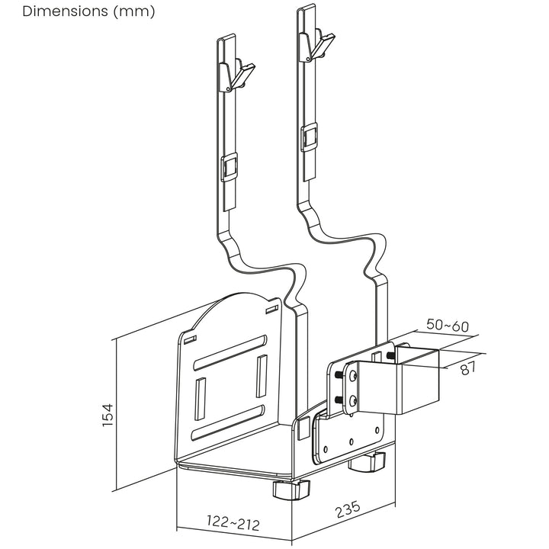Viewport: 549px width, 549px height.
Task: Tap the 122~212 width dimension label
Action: click(x=233, y=524)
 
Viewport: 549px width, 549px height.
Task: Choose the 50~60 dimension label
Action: click(x=448, y=325)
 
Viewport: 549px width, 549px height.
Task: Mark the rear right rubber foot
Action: click(x=369, y=461)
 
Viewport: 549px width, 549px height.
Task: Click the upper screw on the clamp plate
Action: click(x=353, y=374)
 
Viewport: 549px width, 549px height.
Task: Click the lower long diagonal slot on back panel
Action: click(x=232, y=422)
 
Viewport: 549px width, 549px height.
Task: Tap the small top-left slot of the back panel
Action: click(x=190, y=338)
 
